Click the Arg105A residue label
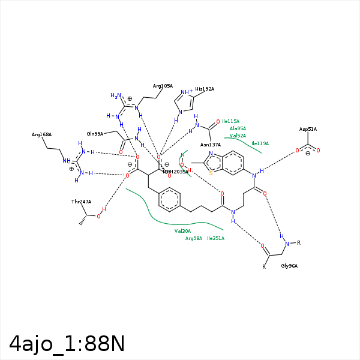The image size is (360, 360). pyautogui.click(x=163, y=86)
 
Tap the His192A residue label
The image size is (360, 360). pyautogui.click(x=205, y=89)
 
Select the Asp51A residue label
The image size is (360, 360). pyautogui.click(x=308, y=130)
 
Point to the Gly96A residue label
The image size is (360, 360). pyautogui.click(x=289, y=266)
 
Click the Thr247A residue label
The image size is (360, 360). pyautogui.click(x=81, y=202)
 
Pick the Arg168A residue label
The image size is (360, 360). pyautogui.click(x=41, y=135)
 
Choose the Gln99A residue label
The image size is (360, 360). pyautogui.click(x=95, y=134)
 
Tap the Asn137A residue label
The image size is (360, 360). pyautogui.click(x=211, y=145)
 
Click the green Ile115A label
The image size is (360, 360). pyautogui.click(x=230, y=121)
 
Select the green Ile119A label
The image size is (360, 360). pyautogui.click(x=260, y=143)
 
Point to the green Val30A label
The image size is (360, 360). pyautogui.click(x=182, y=231)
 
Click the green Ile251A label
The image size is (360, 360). pyautogui.click(x=215, y=238)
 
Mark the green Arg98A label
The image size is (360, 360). pyautogui.click(x=194, y=238)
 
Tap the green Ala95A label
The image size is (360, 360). pyautogui.click(x=238, y=128)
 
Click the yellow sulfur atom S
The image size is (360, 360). pyautogui.click(x=211, y=173)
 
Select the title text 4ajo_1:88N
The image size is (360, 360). pyautogui.click(x=67, y=344)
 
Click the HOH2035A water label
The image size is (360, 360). pyautogui.click(x=175, y=172)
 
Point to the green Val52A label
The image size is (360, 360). pyautogui.click(x=238, y=136)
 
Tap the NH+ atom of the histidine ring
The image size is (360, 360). pyautogui.click(x=186, y=92)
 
